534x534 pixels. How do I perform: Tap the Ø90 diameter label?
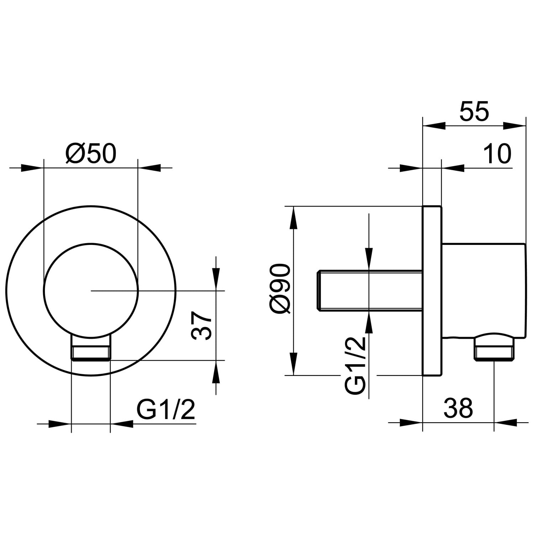[x=281, y=289]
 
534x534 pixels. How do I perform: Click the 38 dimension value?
[x=458, y=408]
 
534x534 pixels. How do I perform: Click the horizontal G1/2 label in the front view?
[x=166, y=410]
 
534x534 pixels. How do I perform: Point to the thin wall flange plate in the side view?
[x=432, y=290]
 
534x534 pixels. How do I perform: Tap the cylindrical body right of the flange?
[x=484, y=290]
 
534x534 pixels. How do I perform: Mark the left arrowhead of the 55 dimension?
[x=434, y=125]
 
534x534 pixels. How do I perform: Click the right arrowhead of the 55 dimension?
[x=514, y=125]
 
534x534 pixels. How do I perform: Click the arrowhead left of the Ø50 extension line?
[x=32, y=168]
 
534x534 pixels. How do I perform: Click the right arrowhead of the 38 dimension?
[x=506, y=422]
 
